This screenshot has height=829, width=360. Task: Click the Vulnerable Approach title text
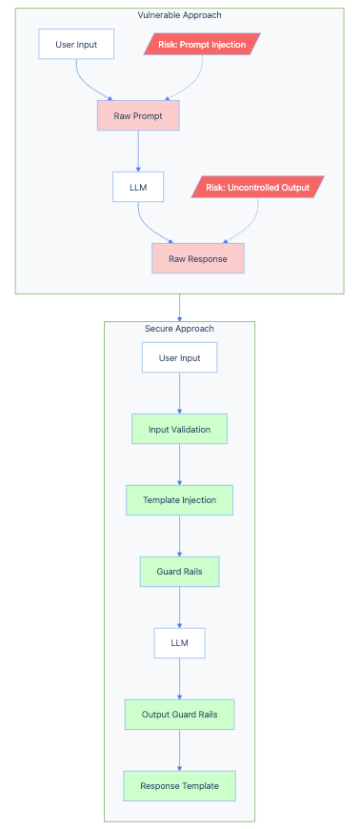click(179, 15)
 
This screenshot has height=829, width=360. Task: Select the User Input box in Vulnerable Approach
click(75, 44)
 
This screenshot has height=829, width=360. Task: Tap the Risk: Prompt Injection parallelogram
click(201, 44)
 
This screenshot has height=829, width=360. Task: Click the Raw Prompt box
click(138, 115)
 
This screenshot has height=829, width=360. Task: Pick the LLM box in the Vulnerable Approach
click(138, 187)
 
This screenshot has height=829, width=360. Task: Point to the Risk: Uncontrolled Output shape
click(257, 187)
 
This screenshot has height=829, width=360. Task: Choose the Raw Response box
click(197, 258)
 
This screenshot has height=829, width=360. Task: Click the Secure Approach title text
click(179, 329)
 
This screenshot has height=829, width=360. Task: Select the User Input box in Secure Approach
click(179, 357)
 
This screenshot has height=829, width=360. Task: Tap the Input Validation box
click(179, 429)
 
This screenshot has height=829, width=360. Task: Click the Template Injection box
click(179, 500)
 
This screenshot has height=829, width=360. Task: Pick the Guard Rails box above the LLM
click(179, 572)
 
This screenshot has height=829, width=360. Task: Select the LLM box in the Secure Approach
click(179, 643)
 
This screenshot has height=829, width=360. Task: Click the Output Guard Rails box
click(179, 715)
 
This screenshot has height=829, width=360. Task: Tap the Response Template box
click(179, 786)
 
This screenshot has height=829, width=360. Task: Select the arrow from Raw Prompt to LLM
click(138, 151)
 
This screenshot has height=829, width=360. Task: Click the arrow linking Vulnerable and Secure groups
click(179, 307)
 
